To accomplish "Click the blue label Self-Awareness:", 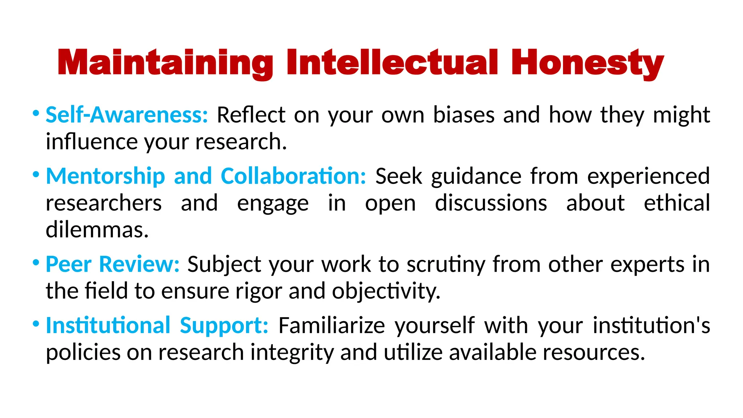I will [x=127, y=115].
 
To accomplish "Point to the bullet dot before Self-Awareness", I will [x=36, y=113].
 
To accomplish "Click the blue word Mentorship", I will [x=106, y=176].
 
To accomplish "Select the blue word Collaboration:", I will [x=293, y=176].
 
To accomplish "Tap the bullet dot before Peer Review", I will [x=36, y=262].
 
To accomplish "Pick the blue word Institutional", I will [x=108, y=325].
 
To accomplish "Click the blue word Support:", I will [x=224, y=325].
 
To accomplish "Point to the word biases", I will [x=464, y=115].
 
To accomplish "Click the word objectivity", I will [x=386, y=292].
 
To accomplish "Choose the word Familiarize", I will [x=332, y=325].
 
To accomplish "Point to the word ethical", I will [x=677, y=203].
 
